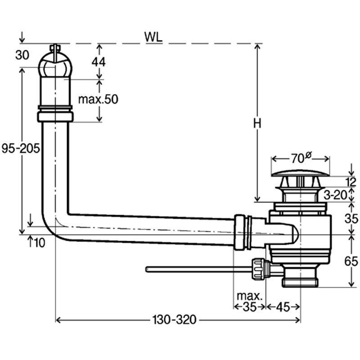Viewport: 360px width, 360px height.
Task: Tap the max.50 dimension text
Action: [98, 99]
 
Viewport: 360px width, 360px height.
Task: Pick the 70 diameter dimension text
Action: [300, 158]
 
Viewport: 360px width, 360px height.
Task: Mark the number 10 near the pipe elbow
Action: [39, 243]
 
